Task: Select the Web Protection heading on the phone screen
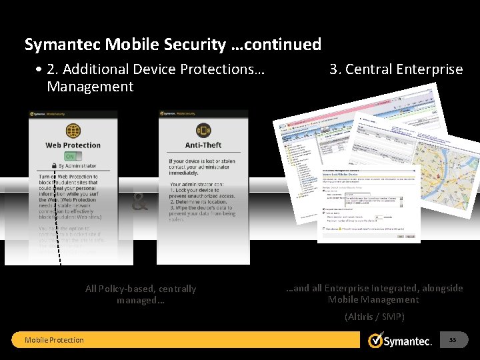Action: (x=73, y=145)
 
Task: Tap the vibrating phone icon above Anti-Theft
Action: (x=203, y=130)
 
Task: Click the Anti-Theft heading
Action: (x=203, y=145)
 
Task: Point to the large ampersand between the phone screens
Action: (x=139, y=202)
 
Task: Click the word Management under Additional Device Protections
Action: (x=90, y=87)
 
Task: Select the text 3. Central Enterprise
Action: (x=396, y=69)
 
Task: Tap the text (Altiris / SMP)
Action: (x=374, y=317)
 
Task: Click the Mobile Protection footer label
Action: (x=54, y=340)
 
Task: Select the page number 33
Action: (x=453, y=340)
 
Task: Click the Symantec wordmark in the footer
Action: (x=408, y=341)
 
